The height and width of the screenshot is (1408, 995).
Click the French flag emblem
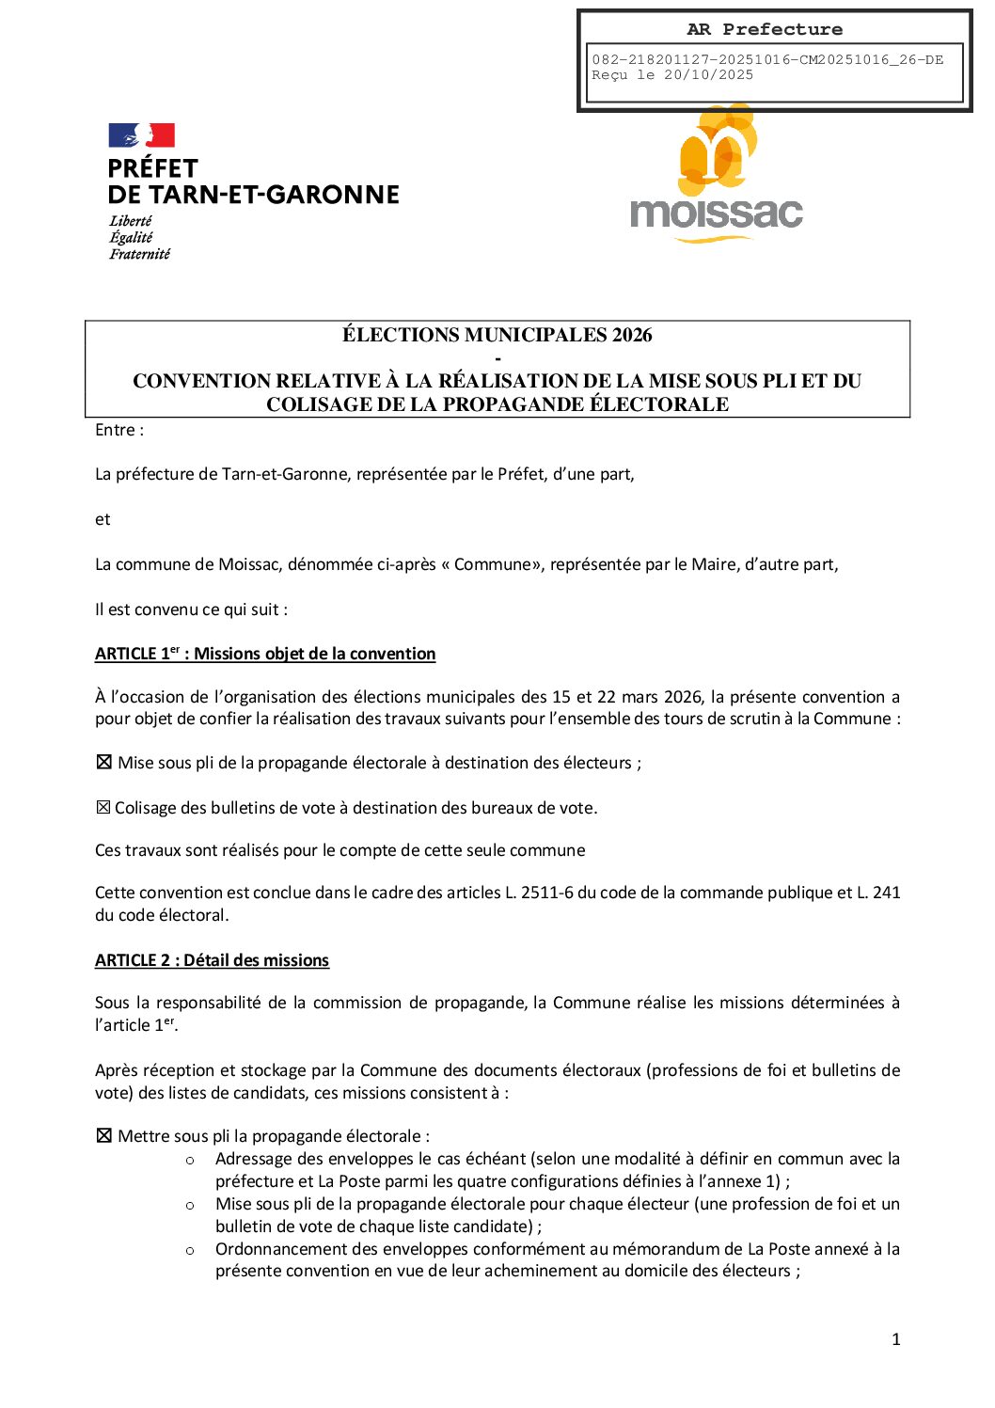point(141,135)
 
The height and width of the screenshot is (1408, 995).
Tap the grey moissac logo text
point(716,214)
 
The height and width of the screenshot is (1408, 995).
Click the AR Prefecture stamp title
point(765,30)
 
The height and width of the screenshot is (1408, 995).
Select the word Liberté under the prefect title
point(130,221)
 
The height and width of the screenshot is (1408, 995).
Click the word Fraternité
point(139,254)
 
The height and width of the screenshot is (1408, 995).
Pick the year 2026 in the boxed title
point(632,336)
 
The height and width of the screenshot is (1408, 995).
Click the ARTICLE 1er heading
point(264,654)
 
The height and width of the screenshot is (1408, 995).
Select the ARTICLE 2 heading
point(212,960)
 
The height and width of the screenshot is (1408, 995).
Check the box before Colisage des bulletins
point(103,807)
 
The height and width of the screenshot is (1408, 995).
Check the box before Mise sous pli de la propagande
point(104,762)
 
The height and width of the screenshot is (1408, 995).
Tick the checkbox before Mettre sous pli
point(104,1135)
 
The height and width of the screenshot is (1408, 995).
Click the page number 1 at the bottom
point(895,1339)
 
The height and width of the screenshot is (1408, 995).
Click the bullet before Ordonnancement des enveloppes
point(190,1250)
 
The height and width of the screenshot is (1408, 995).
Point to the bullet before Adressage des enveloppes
point(190,1160)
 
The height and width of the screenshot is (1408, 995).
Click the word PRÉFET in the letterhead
point(152,169)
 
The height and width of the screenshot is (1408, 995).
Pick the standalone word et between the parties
point(103,519)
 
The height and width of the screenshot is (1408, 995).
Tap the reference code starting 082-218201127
point(766,60)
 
